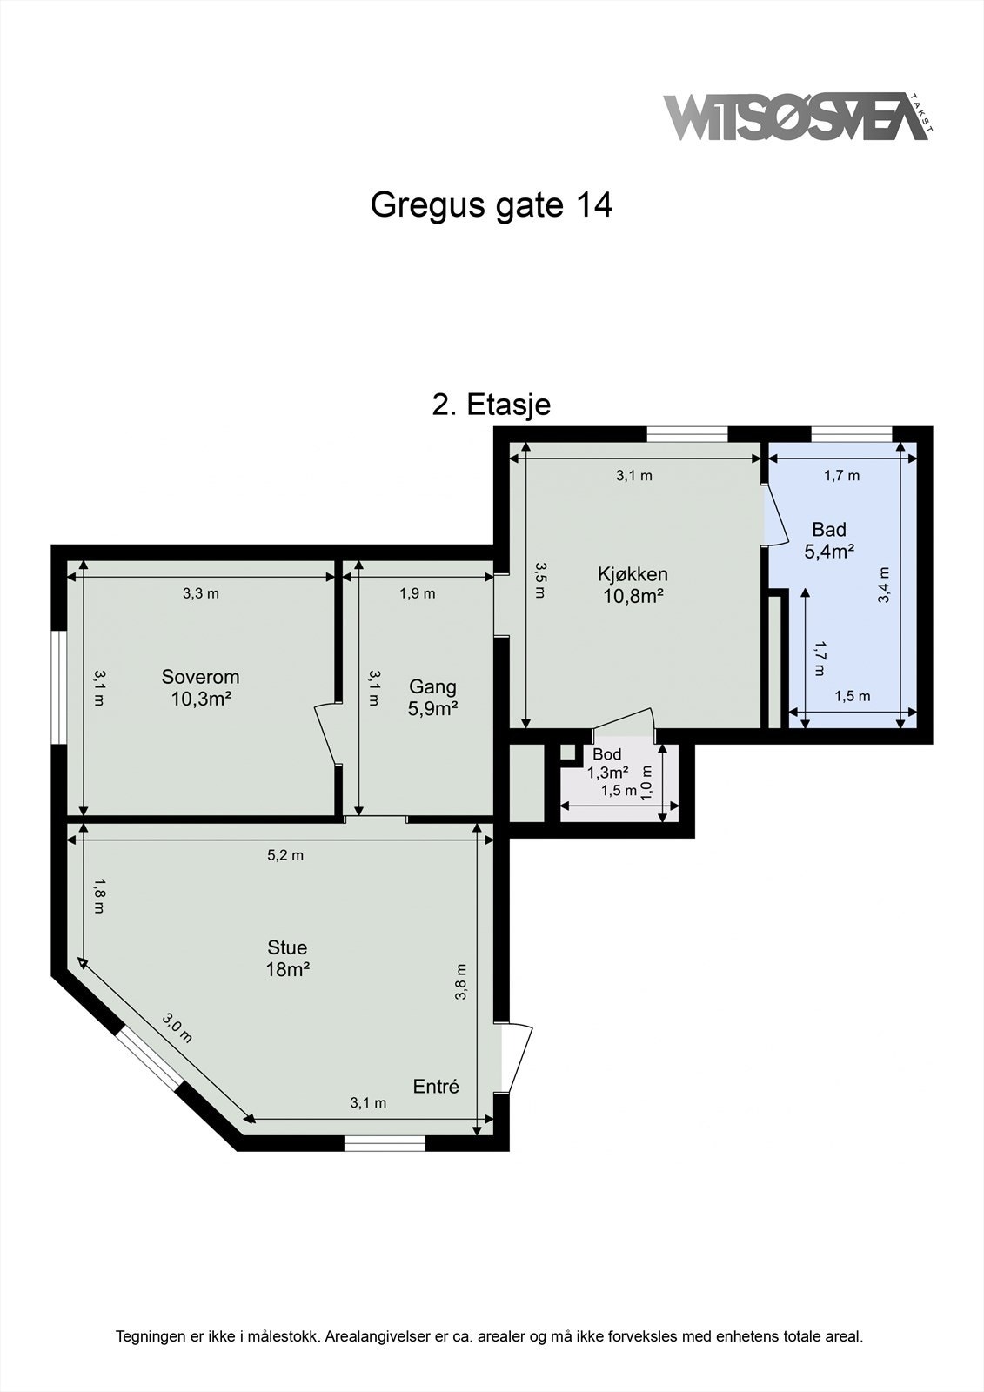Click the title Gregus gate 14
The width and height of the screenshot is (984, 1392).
492,205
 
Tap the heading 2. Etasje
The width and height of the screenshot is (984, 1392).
492,405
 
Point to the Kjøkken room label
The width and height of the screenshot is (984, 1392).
633,585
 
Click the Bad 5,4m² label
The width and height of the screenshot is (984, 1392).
828,539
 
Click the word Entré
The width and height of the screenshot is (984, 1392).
435,1086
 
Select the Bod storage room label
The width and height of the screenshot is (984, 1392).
607,763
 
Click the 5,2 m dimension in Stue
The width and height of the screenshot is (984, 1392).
285,855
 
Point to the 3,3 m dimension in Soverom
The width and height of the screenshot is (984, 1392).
200,593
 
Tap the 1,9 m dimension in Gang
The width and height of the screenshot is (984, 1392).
418,593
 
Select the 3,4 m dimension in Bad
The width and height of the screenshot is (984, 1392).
884,585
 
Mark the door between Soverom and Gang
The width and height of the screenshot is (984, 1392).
328,733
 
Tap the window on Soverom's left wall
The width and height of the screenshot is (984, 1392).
59,687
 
